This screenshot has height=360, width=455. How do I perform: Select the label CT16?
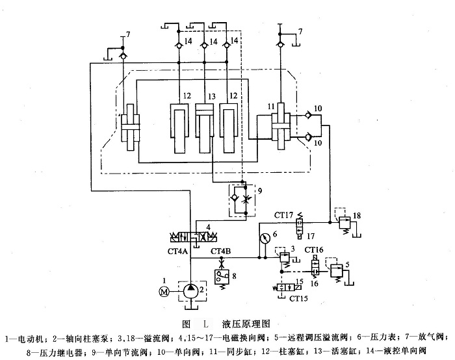(x=315, y=250)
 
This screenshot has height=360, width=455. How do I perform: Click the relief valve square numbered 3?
(x=283, y=257)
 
